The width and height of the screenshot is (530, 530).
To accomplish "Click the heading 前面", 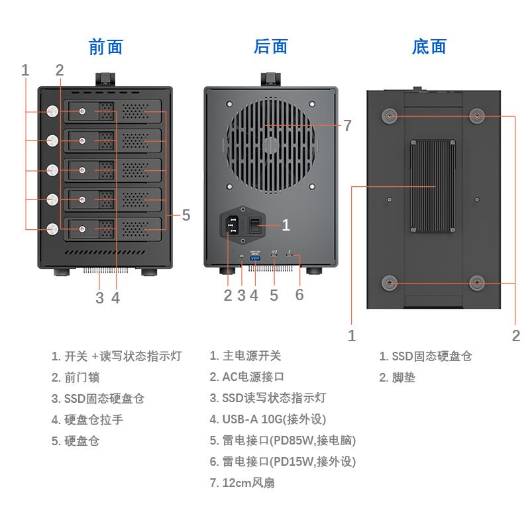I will tap(106, 47).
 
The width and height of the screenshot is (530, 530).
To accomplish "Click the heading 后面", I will tap(271, 47).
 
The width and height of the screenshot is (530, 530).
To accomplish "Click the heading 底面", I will tap(429, 47).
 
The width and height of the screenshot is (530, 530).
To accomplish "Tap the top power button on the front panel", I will tap(52, 111).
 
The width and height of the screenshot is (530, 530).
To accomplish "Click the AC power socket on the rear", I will tap(230, 226).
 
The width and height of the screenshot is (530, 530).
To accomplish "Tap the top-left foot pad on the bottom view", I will tap(389, 116).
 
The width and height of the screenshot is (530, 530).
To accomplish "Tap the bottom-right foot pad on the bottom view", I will tap(477, 283).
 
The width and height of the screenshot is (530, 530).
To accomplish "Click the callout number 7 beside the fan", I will tap(347, 125).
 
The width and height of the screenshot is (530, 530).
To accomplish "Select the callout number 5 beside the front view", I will tap(186, 215).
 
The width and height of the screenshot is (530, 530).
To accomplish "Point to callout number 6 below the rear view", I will tap(299, 295).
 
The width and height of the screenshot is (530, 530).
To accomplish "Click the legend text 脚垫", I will tap(403, 378).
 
